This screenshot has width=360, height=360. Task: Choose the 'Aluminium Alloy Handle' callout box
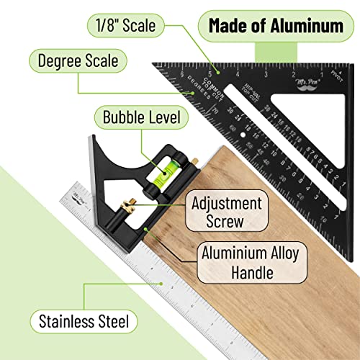coord(249,262)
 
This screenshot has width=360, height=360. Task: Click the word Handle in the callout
coord(249,273)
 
